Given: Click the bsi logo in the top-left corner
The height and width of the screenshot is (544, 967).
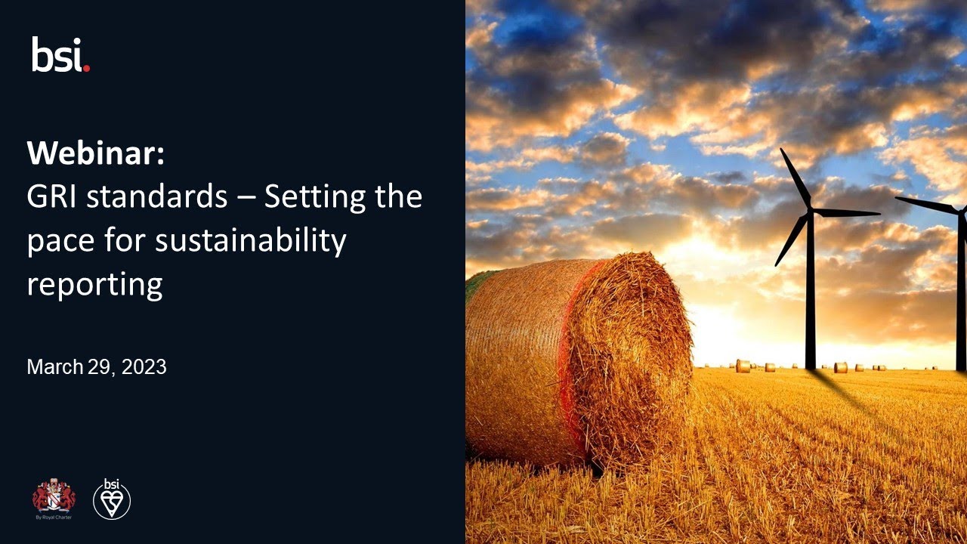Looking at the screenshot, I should point(60,54).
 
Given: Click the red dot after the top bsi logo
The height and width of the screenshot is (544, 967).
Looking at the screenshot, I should point(86,68).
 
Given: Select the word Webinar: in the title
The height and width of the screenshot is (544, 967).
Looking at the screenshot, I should point(95,154).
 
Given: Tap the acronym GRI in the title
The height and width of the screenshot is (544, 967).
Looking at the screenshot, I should point(51,197).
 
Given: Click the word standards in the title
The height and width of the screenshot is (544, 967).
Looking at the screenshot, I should point(156,197).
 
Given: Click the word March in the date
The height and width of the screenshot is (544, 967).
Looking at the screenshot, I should point(54,368).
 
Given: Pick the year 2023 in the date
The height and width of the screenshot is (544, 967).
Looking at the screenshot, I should point(144,368).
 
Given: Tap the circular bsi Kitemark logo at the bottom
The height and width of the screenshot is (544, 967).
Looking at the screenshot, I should point(112,499).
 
